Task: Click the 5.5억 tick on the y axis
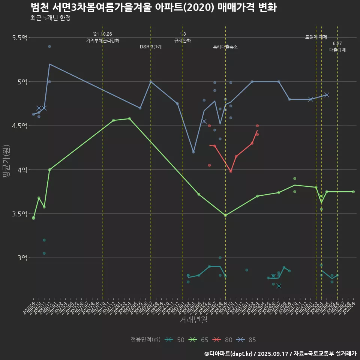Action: (x=19, y=38)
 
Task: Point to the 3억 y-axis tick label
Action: (x=22, y=258)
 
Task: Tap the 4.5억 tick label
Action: (x=19, y=126)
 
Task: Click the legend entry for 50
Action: (x=175, y=340)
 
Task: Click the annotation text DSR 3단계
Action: (x=151, y=47)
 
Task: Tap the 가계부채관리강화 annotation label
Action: (x=103, y=40)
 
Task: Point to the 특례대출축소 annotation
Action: (x=225, y=47)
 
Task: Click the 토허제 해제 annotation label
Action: (x=316, y=37)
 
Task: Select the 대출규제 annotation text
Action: (x=337, y=49)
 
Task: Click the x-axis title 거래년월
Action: (x=193, y=319)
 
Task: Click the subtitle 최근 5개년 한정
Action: (x=50, y=18)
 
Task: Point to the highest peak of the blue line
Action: (x=49, y=64)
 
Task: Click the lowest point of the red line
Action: (x=231, y=171)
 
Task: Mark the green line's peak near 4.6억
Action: (x=129, y=118)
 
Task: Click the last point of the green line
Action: (x=353, y=192)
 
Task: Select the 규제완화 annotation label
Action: (x=183, y=40)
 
